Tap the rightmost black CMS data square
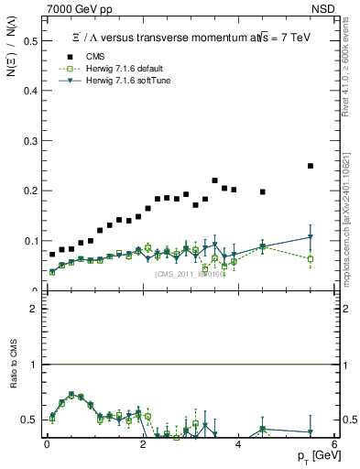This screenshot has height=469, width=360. click(x=311, y=166)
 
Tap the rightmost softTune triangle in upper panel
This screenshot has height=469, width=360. click(x=311, y=237)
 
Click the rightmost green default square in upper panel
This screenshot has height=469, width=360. click(x=311, y=258)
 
